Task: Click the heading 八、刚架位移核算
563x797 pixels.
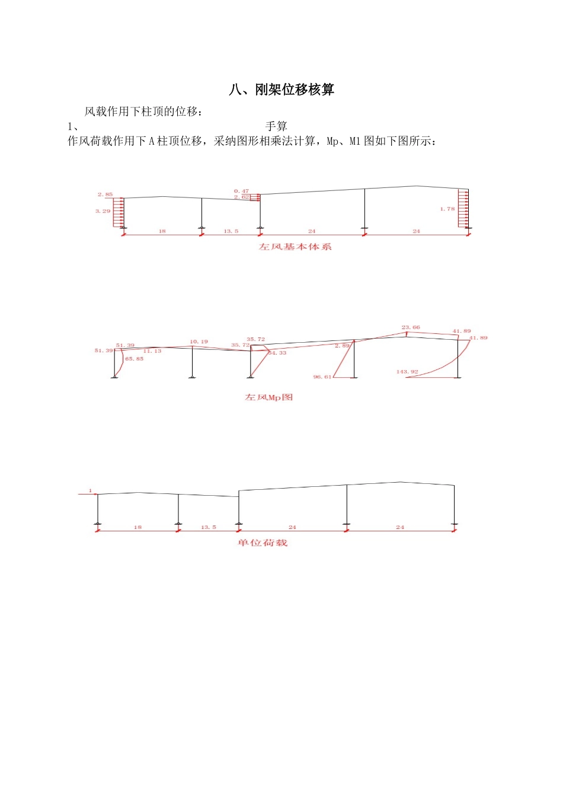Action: pos(281,90)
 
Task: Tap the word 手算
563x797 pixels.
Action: pos(276,126)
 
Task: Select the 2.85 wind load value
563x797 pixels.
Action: pos(105,195)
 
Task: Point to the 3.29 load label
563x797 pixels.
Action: pos(103,211)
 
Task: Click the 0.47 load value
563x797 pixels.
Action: pos(241,191)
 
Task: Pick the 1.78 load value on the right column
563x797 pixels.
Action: pos(447,209)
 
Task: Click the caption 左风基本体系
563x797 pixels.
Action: pos(295,247)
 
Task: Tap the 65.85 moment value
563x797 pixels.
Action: pos(135,359)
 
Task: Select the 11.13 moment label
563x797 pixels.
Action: pos(152,351)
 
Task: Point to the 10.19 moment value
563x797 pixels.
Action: pos(199,342)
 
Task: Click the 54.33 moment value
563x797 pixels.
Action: pos(277,353)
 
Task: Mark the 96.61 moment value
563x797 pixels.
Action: pos(322,377)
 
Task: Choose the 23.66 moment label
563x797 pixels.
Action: pos(411,327)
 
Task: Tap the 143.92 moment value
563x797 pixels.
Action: pos(407,372)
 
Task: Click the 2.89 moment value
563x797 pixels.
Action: pos(342,345)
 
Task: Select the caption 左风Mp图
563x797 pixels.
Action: pos(269,397)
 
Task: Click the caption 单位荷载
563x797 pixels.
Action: pos(263,543)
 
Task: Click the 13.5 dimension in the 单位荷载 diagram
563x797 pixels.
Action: pos(209,527)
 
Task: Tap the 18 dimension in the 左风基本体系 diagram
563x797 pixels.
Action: pos(162,231)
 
